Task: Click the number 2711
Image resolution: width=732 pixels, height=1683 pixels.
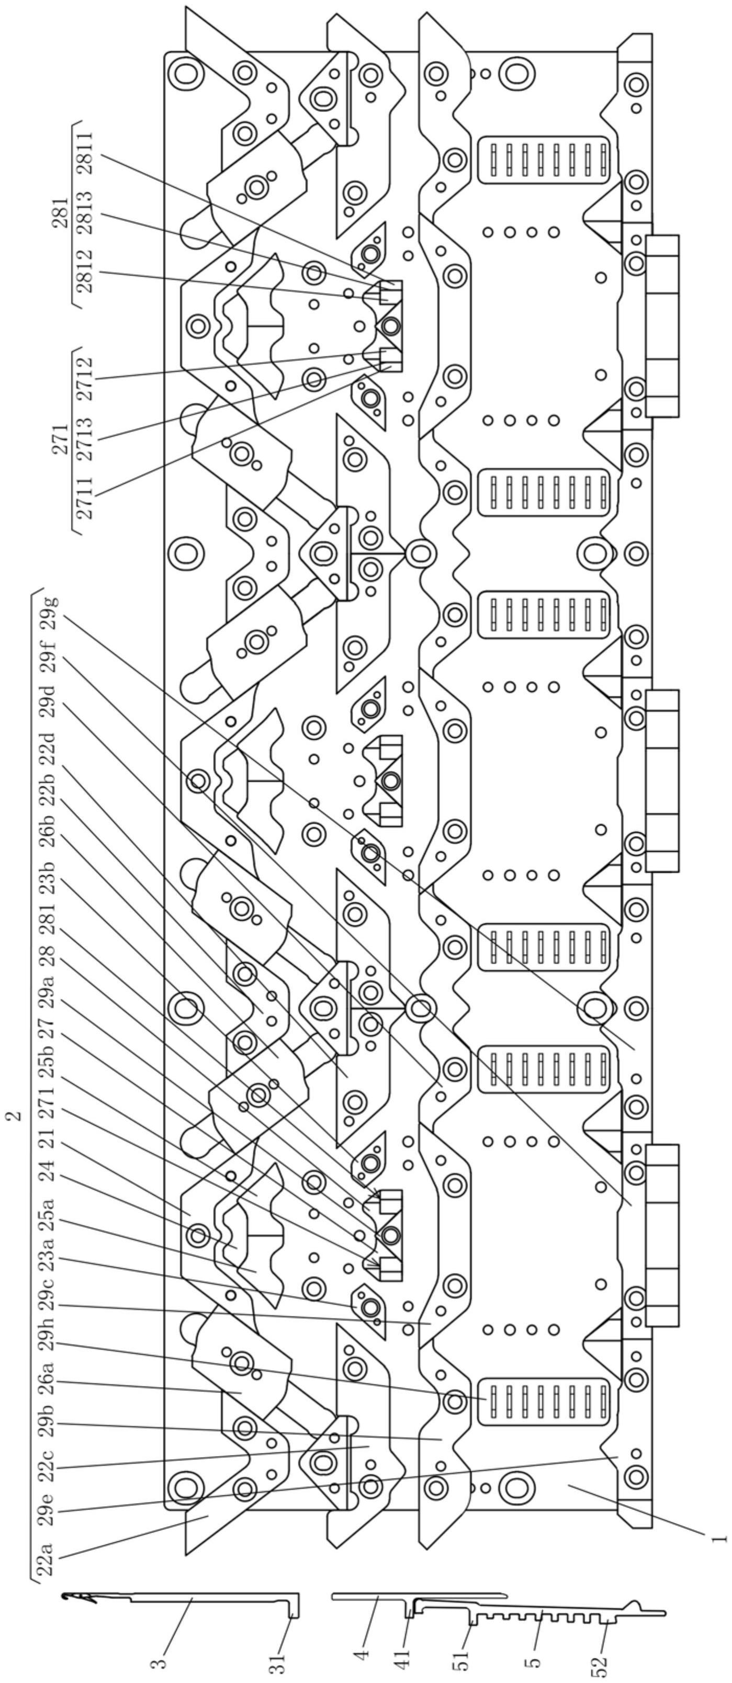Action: pyautogui.click(x=85, y=498)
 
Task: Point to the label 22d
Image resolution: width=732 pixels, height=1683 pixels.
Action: pyautogui.click(x=49, y=755)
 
